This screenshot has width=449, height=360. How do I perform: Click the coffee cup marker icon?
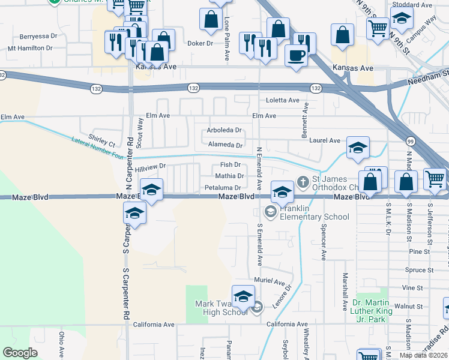click(295, 56)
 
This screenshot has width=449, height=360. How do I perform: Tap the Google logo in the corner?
click(20, 353)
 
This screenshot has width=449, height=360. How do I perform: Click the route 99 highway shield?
click(410, 141)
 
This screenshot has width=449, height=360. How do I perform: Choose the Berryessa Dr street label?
click(38, 37)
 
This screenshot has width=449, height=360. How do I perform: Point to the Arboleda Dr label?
click(223, 130)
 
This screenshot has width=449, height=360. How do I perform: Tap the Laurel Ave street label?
click(325, 141)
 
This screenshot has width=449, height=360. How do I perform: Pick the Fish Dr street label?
click(230, 164)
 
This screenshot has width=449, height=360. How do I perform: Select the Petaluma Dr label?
click(223, 188)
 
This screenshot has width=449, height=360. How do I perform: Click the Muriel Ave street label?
click(270, 281)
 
